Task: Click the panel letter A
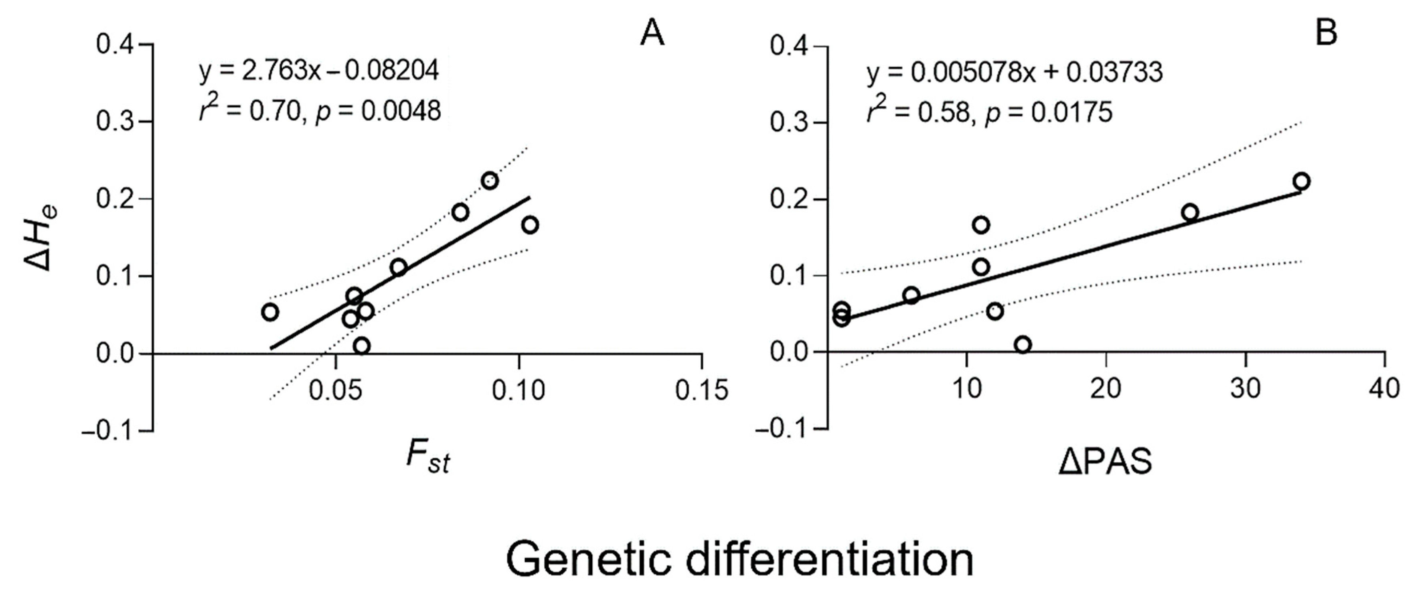point(652,34)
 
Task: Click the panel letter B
point(1326,33)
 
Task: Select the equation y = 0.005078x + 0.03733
point(1015,73)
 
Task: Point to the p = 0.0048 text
point(378,111)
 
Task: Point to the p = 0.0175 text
point(1049,112)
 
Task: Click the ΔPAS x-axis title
point(1105,462)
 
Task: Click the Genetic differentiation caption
point(739,559)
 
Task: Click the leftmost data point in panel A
point(270,312)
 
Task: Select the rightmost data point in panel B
point(1301,181)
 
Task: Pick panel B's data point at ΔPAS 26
point(1190,212)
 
